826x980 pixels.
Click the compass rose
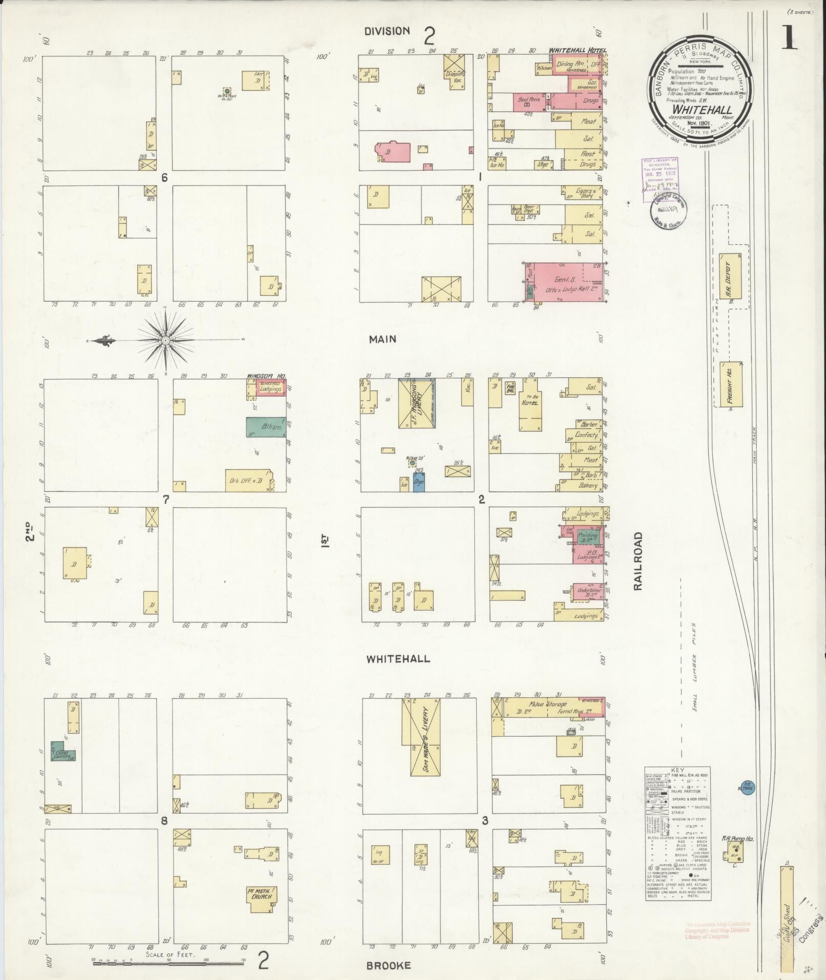point(166,340)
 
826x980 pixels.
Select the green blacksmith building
point(266,427)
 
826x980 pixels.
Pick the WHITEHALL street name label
point(398,659)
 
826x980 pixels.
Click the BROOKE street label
point(388,965)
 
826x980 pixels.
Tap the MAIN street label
point(383,339)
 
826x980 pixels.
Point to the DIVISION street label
point(387,31)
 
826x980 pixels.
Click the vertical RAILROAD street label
point(638,561)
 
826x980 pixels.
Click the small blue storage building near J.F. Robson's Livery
point(419,482)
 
